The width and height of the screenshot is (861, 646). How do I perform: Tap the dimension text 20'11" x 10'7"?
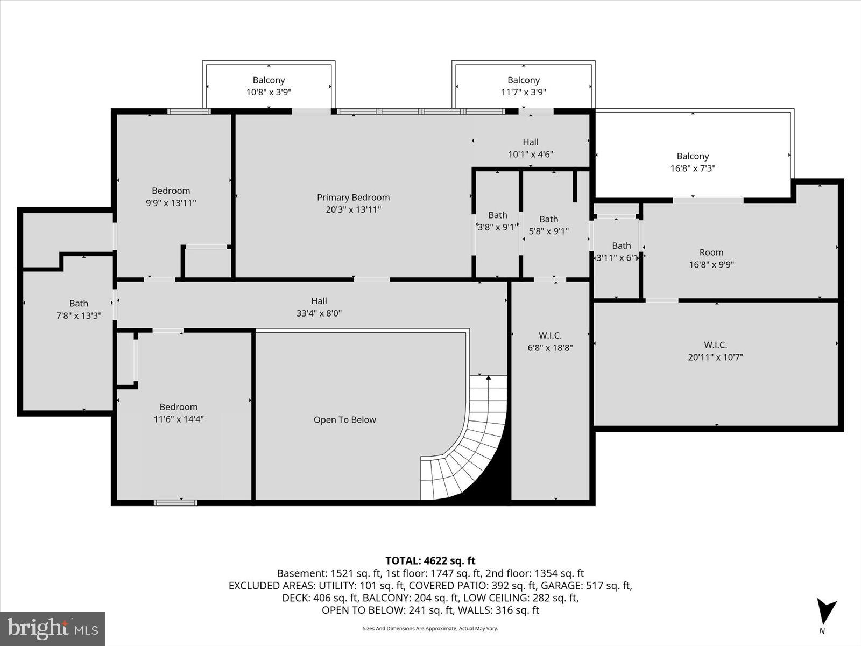click(715, 357)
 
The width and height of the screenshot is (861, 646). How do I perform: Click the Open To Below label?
click(344, 420)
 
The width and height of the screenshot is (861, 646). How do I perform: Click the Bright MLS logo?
click(52, 628)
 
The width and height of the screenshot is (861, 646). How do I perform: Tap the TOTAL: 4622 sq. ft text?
click(430, 561)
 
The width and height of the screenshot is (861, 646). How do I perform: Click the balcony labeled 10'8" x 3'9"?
click(269, 86)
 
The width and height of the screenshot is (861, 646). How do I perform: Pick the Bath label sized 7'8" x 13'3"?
click(79, 310)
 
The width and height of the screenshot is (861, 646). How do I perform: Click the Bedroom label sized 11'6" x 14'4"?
click(178, 413)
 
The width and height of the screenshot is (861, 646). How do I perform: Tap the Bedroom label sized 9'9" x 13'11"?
click(171, 196)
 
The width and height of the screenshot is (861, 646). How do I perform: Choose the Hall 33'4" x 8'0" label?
click(319, 307)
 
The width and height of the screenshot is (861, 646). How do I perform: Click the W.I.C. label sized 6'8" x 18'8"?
click(550, 341)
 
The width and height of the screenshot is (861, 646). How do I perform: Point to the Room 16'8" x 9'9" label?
click(711, 258)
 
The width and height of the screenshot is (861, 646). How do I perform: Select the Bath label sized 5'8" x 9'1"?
click(548, 225)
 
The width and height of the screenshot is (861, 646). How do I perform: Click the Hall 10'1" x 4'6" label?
click(530, 148)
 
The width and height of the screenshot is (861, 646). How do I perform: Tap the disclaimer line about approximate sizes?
click(430, 628)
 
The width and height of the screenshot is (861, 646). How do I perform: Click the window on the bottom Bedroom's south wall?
click(175, 503)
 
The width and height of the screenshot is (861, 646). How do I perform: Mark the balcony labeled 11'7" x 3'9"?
click(523, 86)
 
